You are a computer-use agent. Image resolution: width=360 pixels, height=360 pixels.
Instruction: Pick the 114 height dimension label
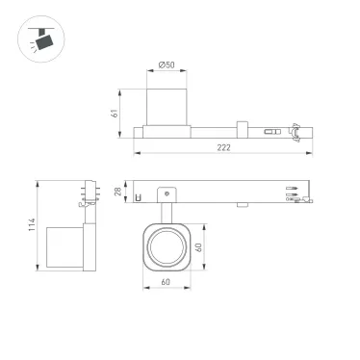click(x=32, y=224)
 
